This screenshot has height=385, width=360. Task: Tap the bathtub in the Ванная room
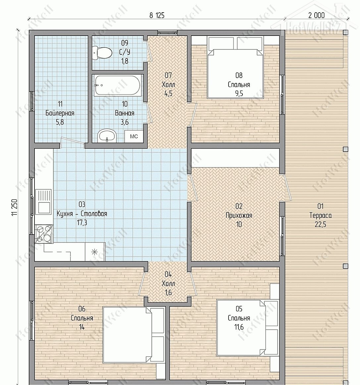coord(118,85)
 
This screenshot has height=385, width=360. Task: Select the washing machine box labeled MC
coord(134,136)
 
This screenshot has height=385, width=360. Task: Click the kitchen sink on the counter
coord(43,201)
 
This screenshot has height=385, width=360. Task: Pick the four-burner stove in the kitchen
coord(44,234)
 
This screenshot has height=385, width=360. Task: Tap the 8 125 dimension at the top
coord(157,16)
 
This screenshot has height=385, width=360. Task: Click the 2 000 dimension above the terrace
coord(316,16)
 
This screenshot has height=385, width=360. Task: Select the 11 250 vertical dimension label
coord(15,207)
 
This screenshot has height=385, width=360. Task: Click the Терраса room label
coord(321,215)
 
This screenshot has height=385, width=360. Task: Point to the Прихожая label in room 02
coord(239,215)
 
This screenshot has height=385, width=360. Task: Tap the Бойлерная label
coord(60,113)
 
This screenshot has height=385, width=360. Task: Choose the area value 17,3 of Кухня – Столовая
coord(82,223)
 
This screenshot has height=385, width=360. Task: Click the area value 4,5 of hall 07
coord(168,94)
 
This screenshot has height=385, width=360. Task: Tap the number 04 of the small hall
coord(168,274)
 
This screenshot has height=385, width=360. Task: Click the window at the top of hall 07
coord(167,33)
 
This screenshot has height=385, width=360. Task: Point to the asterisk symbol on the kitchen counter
coord(94,252)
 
